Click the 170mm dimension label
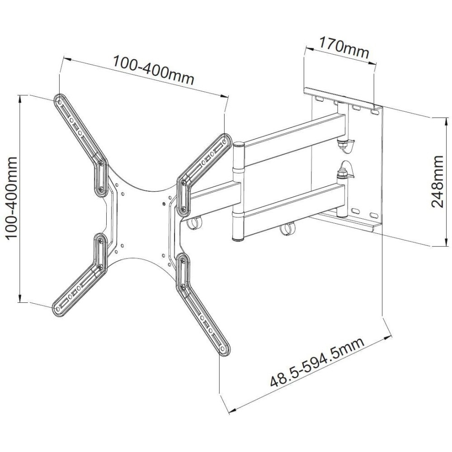pos(344,48)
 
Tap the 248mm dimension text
pos(438,181)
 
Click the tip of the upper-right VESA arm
pos(225,138)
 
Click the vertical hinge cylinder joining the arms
pos(238,192)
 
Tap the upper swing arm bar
pos(294,133)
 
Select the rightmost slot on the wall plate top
pos(374,110)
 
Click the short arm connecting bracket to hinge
pos(212,195)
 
